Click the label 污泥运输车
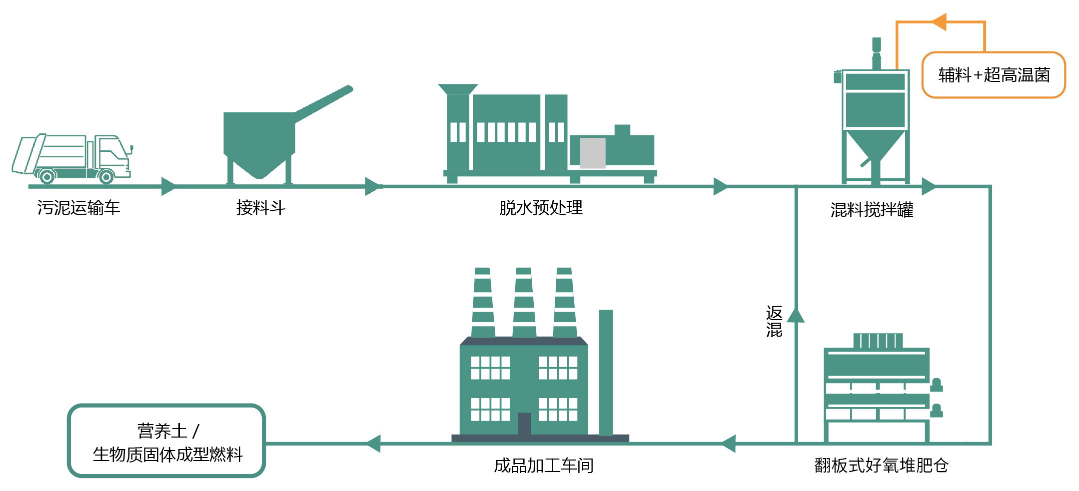point(78,207)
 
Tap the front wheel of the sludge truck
point(105,176)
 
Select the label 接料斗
point(260,207)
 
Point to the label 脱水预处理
point(541,207)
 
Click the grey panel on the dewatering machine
point(593,152)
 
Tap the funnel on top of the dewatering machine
point(458,89)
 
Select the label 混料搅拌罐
point(872,209)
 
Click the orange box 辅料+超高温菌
point(994,75)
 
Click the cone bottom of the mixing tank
point(875,145)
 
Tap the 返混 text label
point(774,321)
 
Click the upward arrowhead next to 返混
point(796,316)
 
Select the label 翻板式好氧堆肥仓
point(881,465)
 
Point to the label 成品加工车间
point(543,466)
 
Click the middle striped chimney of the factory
point(524,303)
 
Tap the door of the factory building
point(524,423)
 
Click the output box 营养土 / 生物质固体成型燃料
point(166,441)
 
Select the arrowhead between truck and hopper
point(168,186)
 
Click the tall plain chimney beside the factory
point(606,372)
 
